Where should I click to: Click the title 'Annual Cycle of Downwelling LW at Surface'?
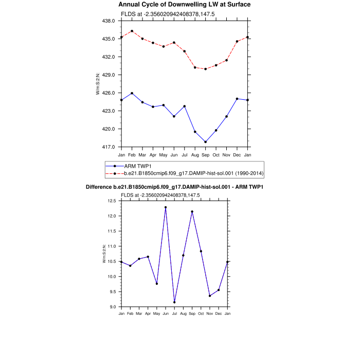click(x=185, y=5)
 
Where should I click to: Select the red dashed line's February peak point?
click(x=132, y=31)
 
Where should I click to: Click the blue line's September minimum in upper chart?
click(x=206, y=142)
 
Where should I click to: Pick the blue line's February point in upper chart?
click(x=132, y=93)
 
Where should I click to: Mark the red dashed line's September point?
click(x=206, y=69)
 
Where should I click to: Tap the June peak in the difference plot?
click(x=166, y=207)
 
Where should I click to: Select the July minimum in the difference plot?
click(x=174, y=302)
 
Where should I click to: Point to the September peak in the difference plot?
click(x=192, y=211)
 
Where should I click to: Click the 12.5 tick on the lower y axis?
click(x=112, y=201)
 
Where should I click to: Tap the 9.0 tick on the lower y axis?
click(x=114, y=307)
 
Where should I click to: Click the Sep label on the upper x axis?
click(x=206, y=154)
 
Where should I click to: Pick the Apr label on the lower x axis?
click(x=148, y=313)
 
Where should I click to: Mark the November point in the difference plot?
click(x=210, y=296)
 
